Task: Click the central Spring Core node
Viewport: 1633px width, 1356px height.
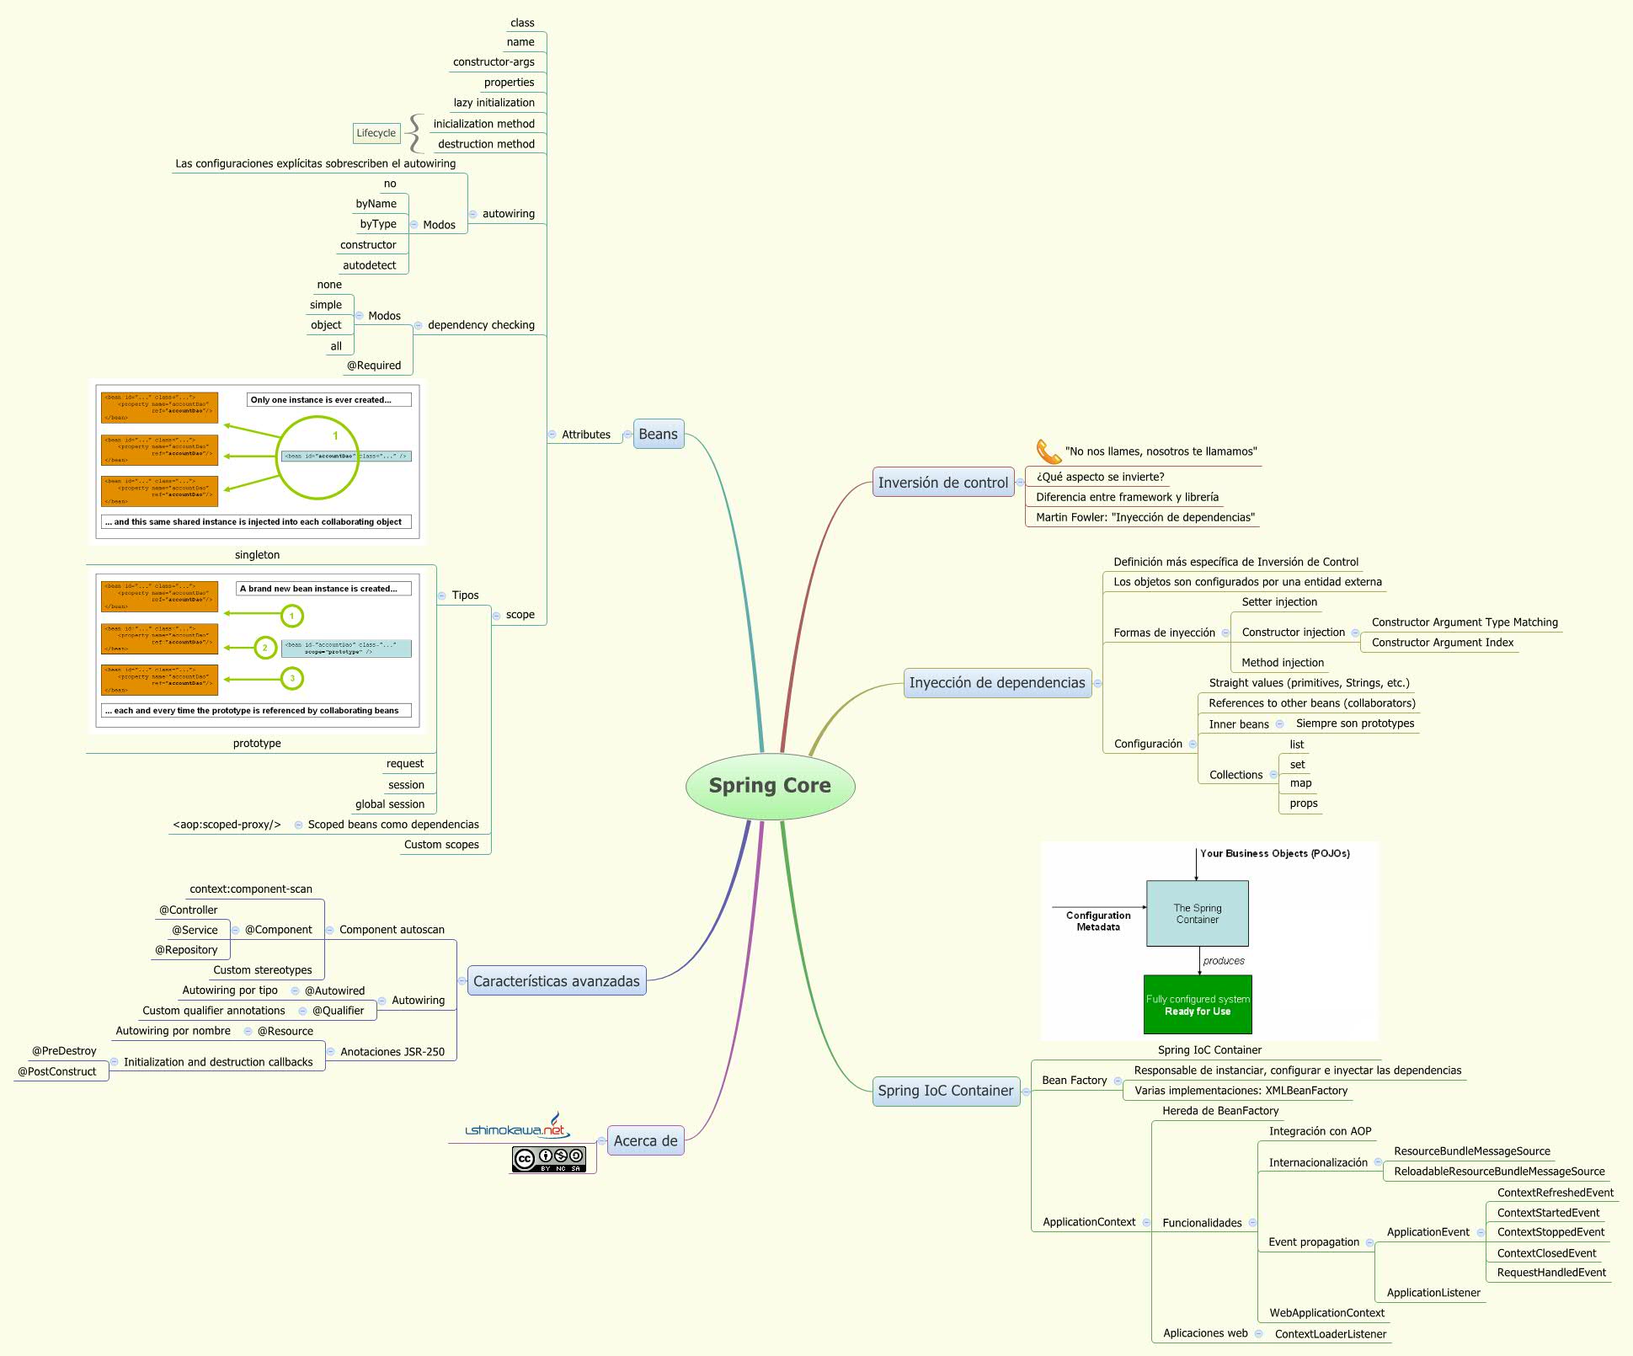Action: tap(770, 786)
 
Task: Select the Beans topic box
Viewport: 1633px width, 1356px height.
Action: tap(658, 434)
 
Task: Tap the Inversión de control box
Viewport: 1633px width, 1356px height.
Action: tap(942, 483)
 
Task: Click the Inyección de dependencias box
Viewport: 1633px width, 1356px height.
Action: tap(996, 682)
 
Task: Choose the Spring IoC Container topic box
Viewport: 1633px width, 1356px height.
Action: tap(945, 1091)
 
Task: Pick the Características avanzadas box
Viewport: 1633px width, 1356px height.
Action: tap(556, 981)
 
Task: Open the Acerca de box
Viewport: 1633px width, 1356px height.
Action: tap(645, 1141)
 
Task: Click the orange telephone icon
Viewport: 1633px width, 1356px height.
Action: tap(1048, 451)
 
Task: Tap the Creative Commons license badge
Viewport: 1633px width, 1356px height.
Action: tap(549, 1160)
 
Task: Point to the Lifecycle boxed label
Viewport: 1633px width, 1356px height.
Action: tap(376, 133)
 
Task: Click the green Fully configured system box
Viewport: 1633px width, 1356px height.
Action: tap(1198, 1005)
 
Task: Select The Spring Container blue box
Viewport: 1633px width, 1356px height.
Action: tap(1197, 914)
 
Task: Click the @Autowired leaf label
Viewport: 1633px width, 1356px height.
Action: tap(334, 990)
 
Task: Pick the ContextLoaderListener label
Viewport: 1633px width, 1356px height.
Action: tap(1330, 1334)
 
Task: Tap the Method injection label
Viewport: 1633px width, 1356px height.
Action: tap(1282, 663)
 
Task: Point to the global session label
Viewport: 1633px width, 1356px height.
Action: tap(389, 804)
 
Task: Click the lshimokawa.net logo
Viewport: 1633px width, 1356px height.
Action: tap(517, 1128)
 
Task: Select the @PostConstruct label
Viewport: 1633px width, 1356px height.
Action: tap(57, 1071)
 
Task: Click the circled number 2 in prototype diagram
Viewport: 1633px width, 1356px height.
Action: tap(265, 648)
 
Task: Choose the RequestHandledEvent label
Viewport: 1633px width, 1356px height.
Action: tap(1551, 1273)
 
